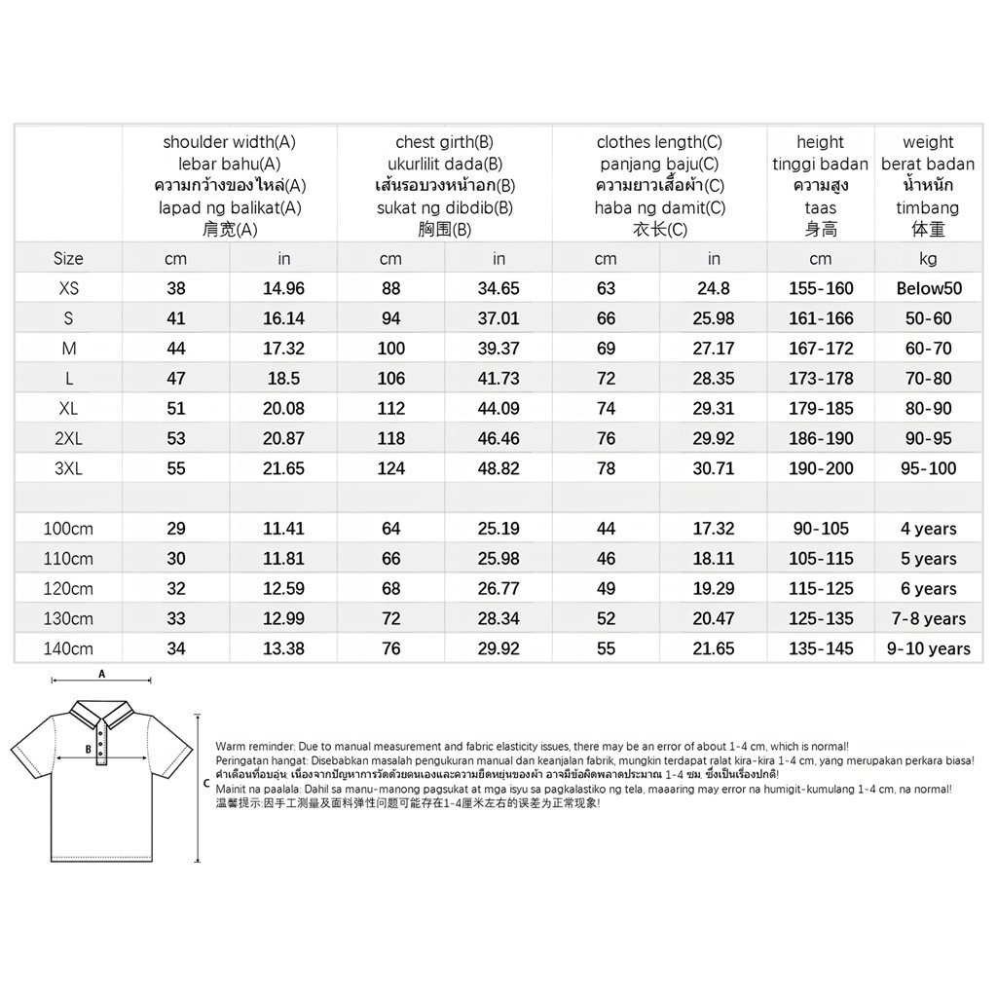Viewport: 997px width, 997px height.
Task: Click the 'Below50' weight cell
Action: pyautogui.click(x=928, y=288)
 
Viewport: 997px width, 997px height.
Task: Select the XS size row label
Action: pyautogui.click(x=68, y=288)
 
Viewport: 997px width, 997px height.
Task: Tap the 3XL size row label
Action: pyautogui.click(x=68, y=468)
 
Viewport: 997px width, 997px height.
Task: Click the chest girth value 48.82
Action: pyautogui.click(x=498, y=468)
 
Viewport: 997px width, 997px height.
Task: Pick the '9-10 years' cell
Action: pyautogui.click(x=928, y=648)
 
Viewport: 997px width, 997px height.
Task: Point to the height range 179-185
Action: pyautogui.click(x=821, y=408)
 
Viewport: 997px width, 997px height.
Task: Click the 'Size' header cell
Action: pyautogui.click(x=68, y=258)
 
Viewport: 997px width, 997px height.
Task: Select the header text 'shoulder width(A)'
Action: pyautogui.click(x=230, y=142)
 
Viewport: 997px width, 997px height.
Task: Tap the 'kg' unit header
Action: pyautogui.click(x=928, y=258)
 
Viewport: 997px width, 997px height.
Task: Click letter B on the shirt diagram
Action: pyautogui.click(x=88, y=749)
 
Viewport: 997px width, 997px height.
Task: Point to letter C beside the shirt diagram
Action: pyautogui.click(x=205, y=782)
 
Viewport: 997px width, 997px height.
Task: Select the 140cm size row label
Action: pyautogui.click(x=68, y=648)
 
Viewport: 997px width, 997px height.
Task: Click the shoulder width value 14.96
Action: pyautogui.click(x=283, y=288)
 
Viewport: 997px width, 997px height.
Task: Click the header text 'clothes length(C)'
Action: pyautogui.click(x=659, y=142)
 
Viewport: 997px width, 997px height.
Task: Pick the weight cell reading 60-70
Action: pyautogui.click(x=928, y=349)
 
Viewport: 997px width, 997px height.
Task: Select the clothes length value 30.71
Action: pyautogui.click(x=714, y=468)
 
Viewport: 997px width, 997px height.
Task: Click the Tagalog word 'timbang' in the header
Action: pyautogui.click(x=928, y=207)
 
